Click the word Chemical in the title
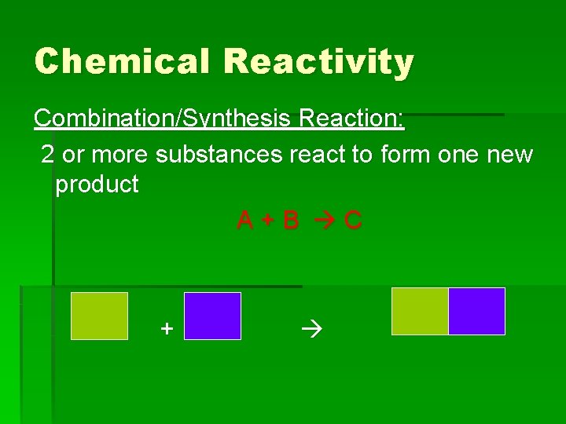pyautogui.click(x=122, y=61)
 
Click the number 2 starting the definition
pyautogui.click(x=48, y=155)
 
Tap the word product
pyautogui.click(x=97, y=185)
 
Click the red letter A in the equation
pyautogui.click(x=245, y=221)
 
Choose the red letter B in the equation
pyautogui.click(x=291, y=221)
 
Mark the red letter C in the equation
pyautogui.click(x=353, y=221)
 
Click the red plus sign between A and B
pyautogui.click(x=268, y=221)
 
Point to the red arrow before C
pyautogui.click(x=323, y=221)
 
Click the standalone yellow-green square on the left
pyautogui.click(x=99, y=316)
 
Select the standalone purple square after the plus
pyautogui.click(x=212, y=316)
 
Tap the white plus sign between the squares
pyautogui.click(x=166, y=327)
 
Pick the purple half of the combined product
pyautogui.click(x=476, y=311)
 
